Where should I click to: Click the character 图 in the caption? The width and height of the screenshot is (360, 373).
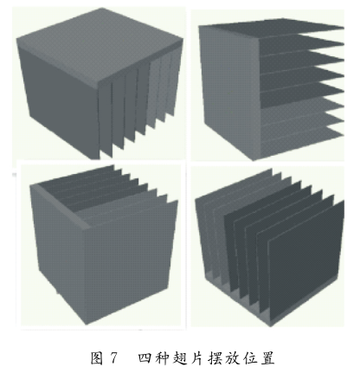(97, 357)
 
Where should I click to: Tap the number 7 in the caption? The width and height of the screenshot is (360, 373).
(114, 358)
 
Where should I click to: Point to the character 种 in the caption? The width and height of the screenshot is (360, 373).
(162, 357)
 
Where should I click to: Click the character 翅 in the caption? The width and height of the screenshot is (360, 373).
(179, 357)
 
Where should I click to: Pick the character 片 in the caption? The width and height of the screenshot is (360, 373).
(196, 357)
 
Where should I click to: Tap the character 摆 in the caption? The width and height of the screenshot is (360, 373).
(215, 357)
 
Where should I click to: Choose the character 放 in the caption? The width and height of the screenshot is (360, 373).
(232, 357)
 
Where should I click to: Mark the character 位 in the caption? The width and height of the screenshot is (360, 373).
(249, 357)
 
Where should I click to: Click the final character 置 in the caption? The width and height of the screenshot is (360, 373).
(267, 357)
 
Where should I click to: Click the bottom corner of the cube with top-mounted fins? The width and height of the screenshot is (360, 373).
(87, 324)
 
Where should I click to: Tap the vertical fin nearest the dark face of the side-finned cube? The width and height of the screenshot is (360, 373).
(106, 119)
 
